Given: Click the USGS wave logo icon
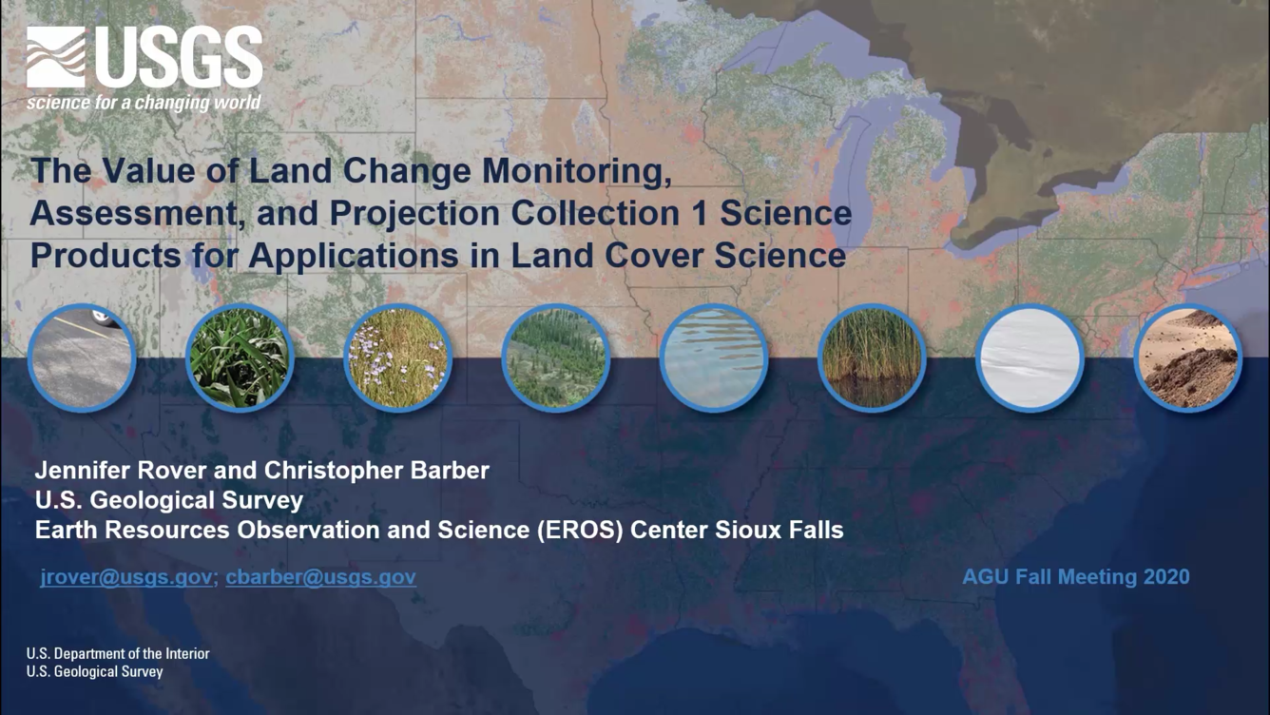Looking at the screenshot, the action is tap(56, 57).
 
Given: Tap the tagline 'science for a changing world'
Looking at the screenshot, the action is tap(144, 103).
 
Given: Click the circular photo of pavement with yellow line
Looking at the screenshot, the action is tap(82, 357).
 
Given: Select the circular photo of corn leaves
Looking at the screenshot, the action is tap(240, 357).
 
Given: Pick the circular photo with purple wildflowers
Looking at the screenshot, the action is tap(398, 357).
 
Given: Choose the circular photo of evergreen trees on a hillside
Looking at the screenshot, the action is tap(556, 357).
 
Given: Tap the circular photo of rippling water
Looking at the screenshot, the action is tap(714, 357).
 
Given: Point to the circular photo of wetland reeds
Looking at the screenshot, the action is tap(872, 357).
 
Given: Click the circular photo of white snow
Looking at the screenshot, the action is tap(1030, 357).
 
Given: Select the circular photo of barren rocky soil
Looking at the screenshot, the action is tap(1188, 357).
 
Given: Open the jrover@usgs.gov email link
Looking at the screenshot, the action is tap(126, 577).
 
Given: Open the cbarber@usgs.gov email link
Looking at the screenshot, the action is tap(321, 577).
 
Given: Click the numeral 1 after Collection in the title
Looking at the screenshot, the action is tap(700, 213).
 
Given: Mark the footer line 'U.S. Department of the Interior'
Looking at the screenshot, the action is tap(118, 654).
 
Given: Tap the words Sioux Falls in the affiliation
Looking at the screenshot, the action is tap(779, 531).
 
